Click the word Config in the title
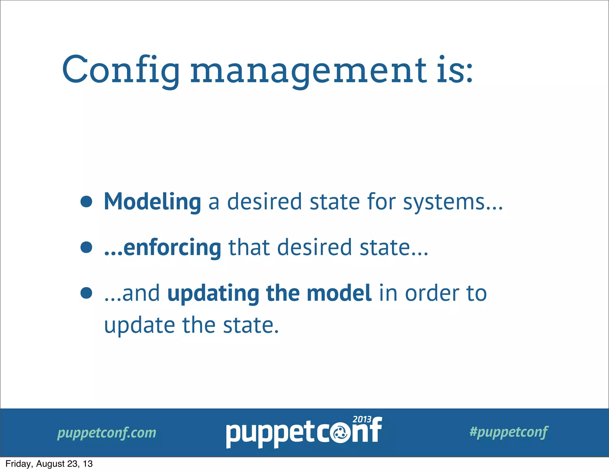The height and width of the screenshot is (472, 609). (x=120, y=70)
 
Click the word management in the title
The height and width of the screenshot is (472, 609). (x=308, y=70)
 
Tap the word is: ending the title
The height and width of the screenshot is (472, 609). (x=454, y=70)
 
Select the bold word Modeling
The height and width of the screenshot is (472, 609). (x=152, y=202)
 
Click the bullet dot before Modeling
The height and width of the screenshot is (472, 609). (x=86, y=202)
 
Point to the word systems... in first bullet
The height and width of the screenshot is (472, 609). (x=453, y=202)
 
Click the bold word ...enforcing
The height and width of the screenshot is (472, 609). (x=162, y=248)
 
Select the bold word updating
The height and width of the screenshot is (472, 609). (x=213, y=294)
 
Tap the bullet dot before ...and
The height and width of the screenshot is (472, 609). (x=86, y=293)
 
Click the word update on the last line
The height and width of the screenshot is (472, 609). (x=139, y=325)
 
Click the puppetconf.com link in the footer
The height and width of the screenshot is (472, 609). (x=107, y=433)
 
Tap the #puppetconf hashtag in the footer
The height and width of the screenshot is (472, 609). (x=508, y=432)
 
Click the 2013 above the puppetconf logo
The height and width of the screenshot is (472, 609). (x=362, y=420)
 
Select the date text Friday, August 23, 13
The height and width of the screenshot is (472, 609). (x=49, y=464)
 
